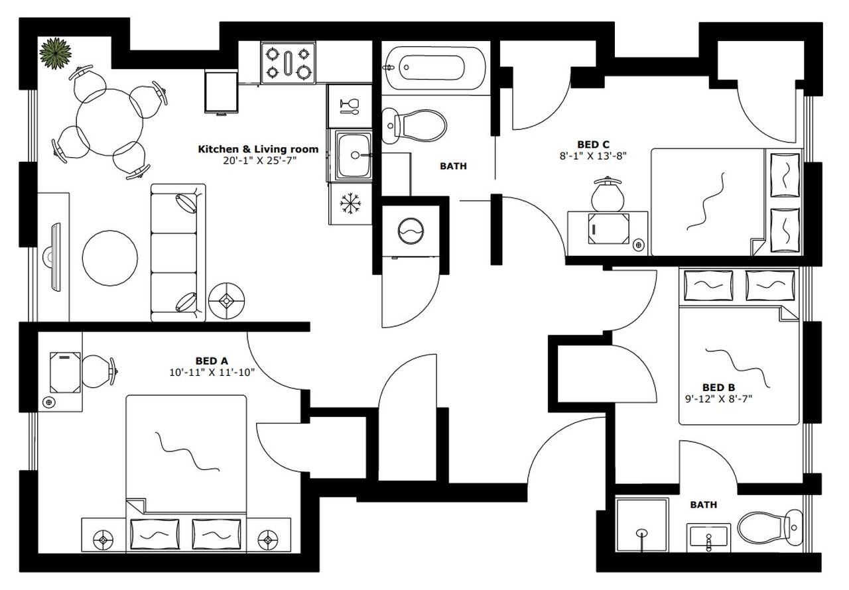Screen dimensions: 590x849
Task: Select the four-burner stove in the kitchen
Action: (x=288, y=62)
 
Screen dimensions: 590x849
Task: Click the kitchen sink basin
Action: (x=356, y=156)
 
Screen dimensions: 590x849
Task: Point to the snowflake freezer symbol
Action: (x=349, y=205)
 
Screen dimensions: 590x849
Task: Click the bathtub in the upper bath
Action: (x=434, y=67)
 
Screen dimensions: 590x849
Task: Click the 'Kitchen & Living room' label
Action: (x=258, y=149)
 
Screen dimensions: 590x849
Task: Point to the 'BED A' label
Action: (x=212, y=361)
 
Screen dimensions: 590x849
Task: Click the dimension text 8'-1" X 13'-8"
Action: (x=593, y=156)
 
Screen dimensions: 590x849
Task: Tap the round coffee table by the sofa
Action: (x=110, y=257)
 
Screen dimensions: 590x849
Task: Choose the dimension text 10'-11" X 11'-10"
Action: (x=212, y=373)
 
